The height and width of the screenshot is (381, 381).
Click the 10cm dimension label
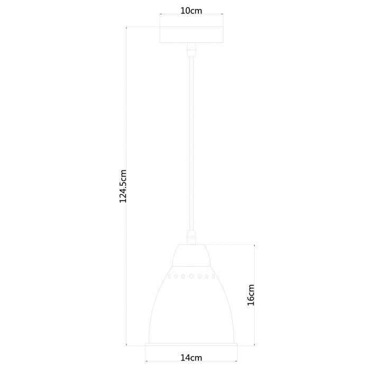[191, 11]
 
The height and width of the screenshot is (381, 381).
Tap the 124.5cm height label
[123, 186]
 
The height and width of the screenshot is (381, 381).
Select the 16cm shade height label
[251, 295]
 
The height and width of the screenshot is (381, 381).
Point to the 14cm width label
[191, 358]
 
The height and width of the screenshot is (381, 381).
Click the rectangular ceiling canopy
[191, 34]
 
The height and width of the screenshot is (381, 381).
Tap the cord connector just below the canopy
[191, 50]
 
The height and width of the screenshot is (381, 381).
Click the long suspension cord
[192, 143]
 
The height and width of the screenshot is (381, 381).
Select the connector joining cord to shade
[191, 238]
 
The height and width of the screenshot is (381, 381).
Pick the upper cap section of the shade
[191, 256]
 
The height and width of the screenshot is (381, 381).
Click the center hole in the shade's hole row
[191, 276]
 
